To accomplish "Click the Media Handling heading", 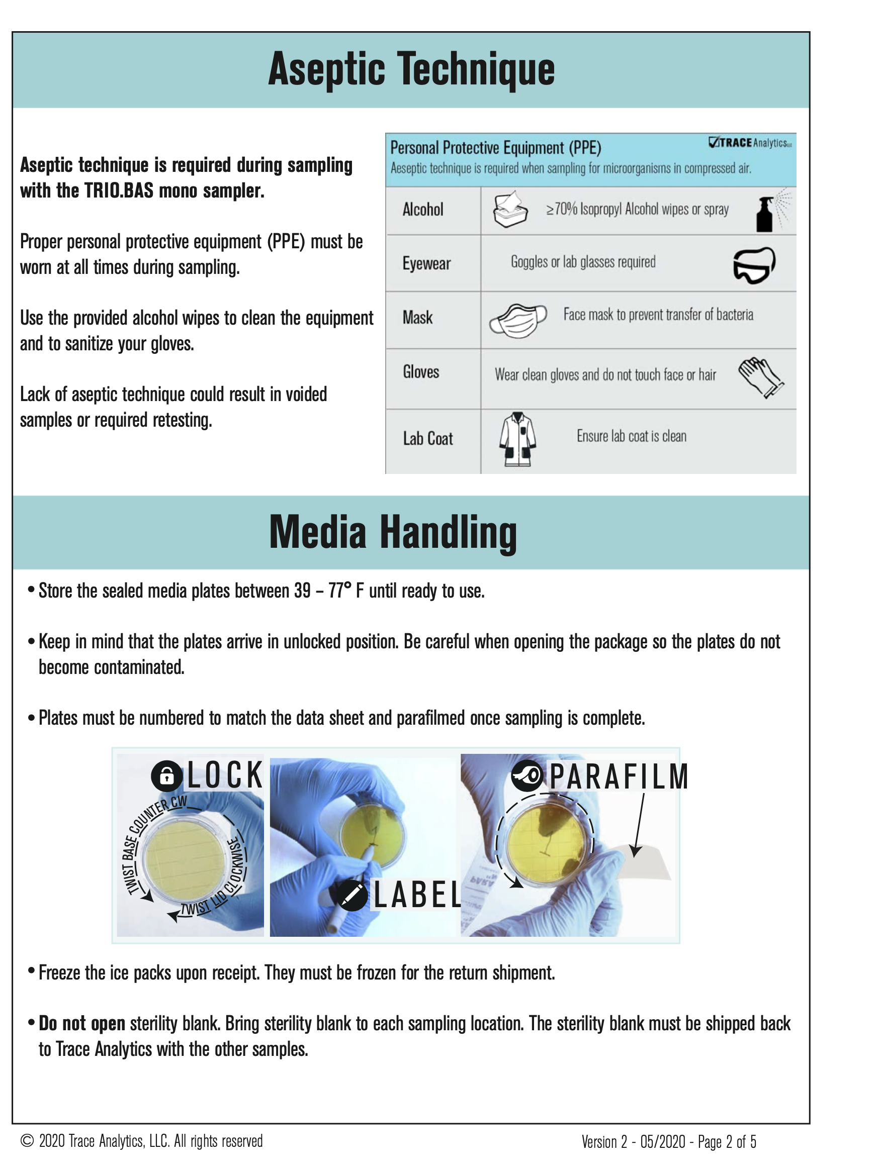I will point(393,532).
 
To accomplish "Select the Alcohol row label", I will point(422,210).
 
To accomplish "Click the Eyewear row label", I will point(426,263).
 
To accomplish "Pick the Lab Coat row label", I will point(428,439).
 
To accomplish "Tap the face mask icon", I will point(517,320).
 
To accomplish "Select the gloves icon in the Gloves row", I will point(760,377).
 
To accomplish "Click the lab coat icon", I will point(517,439).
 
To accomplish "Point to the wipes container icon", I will point(510,210).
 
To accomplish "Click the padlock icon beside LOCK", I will point(167,776).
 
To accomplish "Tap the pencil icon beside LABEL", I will point(352,896).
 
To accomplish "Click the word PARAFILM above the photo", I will point(618,776).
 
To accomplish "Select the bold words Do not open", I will point(82,1024).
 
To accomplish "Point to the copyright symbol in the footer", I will point(27,1141).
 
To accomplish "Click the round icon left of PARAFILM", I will point(526,775).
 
